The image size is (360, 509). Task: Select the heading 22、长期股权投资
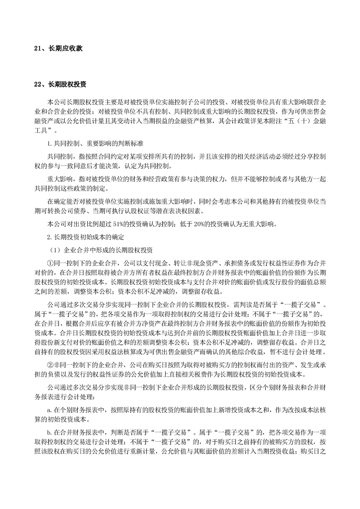point(61,84)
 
